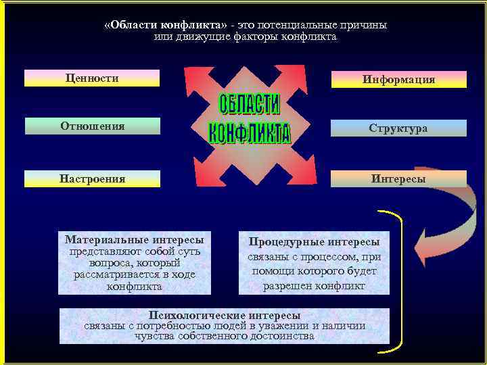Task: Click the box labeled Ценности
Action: pos(92,78)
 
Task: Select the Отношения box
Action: pos(92,126)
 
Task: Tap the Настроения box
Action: pos(92,179)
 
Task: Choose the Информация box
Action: pos(398,80)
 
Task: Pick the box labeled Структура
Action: pos(398,128)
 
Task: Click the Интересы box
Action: pos(398,179)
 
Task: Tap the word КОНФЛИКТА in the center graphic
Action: pos(249,132)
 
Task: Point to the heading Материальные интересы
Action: pos(134,239)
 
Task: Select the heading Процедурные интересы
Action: pos(314,241)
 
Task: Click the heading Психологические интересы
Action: pos(225,316)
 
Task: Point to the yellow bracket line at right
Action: pos(400,284)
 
